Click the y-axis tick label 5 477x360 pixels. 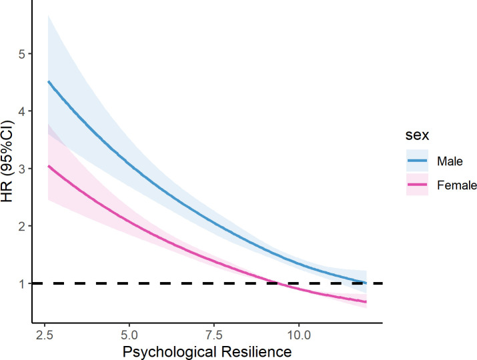(x=21, y=54)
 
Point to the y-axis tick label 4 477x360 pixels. (x=21, y=111)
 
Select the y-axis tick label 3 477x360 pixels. (x=21, y=169)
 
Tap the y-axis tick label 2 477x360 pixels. (x=21, y=226)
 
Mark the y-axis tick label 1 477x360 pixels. (x=22, y=284)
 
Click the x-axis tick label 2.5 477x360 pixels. (x=45, y=335)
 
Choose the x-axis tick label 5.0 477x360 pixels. (x=129, y=335)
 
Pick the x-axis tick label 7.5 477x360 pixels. (x=214, y=335)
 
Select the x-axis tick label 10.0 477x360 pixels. (x=299, y=335)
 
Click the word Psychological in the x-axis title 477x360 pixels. (x=169, y=352)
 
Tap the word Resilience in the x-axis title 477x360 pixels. (x=257, y=351)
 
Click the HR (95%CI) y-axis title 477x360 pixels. (x=7, y=161)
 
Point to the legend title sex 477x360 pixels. (x=417, y=135)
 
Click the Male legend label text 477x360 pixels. (x=450, y=161)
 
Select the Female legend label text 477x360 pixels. (x=457, y=185)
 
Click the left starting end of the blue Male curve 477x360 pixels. (x=48, y=81)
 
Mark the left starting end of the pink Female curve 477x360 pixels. (x=48, y=166)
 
